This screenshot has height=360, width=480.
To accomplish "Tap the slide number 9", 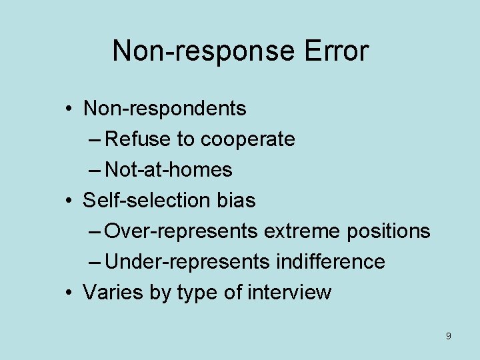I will tap(448, 336).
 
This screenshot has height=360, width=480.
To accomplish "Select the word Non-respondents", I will tap(165, 108).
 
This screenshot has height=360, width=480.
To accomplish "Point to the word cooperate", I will tap(247, 139).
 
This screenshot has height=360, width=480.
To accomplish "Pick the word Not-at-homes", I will tap(169, 170).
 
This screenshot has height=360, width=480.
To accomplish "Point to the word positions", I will tap(388, 231).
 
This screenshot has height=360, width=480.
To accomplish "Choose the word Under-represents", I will tap(187, 261).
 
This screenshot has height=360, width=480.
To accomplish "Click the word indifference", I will tap(330, 261).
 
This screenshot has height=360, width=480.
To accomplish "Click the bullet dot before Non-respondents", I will tap(69, 108).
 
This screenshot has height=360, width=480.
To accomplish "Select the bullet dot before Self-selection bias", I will tap(69, 200).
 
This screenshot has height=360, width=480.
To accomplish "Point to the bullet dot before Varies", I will tap(69, 292).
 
